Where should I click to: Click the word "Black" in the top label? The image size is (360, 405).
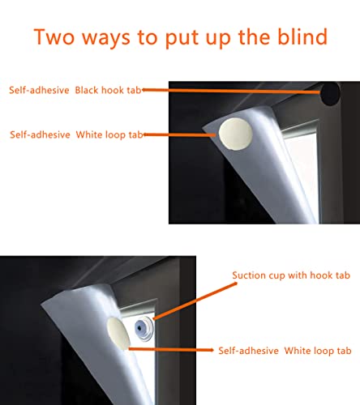[91, 91]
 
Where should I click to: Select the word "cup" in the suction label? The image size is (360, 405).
[276, 275]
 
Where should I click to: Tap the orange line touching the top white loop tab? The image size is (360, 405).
[187, 134]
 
